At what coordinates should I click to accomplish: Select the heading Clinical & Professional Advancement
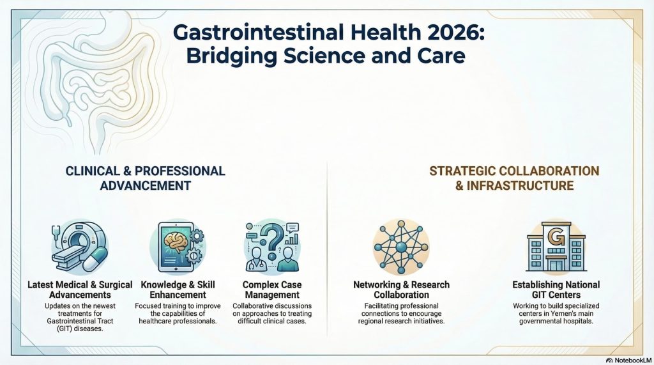click(145, 178)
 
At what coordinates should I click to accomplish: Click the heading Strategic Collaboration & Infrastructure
click(514, 178)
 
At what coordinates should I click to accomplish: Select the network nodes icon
click(401, 246)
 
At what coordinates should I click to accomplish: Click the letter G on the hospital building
click(556, 238)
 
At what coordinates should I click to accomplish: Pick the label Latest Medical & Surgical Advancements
click(80, 290)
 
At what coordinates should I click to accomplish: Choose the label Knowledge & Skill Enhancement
click(178, 290)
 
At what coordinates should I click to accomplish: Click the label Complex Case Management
click(272, 290)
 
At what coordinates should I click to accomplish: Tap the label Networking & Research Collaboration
click(401, 290)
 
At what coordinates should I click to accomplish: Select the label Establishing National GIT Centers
click(556, 290)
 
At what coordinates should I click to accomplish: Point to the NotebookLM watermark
click(629, 360)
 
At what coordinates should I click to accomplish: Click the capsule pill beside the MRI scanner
click(96, 259)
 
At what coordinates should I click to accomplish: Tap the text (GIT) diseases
click(80, 329)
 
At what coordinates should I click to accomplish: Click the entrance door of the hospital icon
click(556, 265)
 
